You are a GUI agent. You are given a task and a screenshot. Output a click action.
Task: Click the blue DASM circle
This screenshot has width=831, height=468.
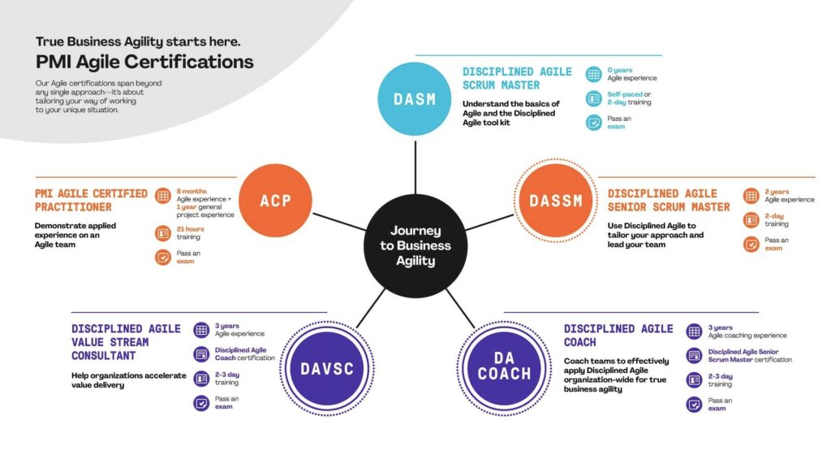pos(415,98)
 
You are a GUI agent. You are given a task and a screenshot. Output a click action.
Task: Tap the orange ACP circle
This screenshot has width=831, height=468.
pos(276,201)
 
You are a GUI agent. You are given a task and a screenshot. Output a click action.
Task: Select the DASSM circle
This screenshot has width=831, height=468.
pos(555,201)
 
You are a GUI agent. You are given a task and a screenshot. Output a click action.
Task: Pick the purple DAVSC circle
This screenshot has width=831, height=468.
pos(327,369)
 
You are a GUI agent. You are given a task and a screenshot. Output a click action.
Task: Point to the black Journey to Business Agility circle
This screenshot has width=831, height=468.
pos(415,245)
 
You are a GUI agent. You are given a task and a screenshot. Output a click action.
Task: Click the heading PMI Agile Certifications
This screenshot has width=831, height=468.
pos(144,62)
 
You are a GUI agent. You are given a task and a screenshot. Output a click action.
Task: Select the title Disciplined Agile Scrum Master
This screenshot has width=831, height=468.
pos(517,79)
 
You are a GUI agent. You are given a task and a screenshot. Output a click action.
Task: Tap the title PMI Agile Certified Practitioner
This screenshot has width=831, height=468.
pos(91,201)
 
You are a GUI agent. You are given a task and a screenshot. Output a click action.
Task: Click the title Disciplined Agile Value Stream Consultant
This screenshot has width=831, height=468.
pos(126,342)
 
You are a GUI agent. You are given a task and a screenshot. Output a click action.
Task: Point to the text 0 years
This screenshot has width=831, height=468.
pos(619,70)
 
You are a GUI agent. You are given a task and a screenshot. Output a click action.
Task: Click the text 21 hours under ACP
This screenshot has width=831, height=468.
pos(190,229)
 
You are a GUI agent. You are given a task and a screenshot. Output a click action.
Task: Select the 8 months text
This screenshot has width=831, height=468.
pos(192,191)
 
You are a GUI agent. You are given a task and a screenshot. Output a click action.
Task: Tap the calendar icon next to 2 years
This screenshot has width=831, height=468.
pos(751,196)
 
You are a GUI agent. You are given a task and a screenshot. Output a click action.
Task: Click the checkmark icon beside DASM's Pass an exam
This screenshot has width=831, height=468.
pos(593,123)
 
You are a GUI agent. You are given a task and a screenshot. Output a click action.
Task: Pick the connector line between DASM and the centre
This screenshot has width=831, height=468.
pos(415,167)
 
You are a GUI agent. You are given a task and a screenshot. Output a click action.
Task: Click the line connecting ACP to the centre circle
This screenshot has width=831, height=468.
pos(339,222)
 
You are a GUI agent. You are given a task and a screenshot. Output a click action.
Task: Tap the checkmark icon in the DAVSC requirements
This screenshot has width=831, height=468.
pos(201,403)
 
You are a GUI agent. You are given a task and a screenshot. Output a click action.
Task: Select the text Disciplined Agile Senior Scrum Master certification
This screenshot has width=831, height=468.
pos(750,356)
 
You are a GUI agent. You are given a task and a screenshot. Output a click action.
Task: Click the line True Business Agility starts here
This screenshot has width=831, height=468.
pos(138,41)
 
